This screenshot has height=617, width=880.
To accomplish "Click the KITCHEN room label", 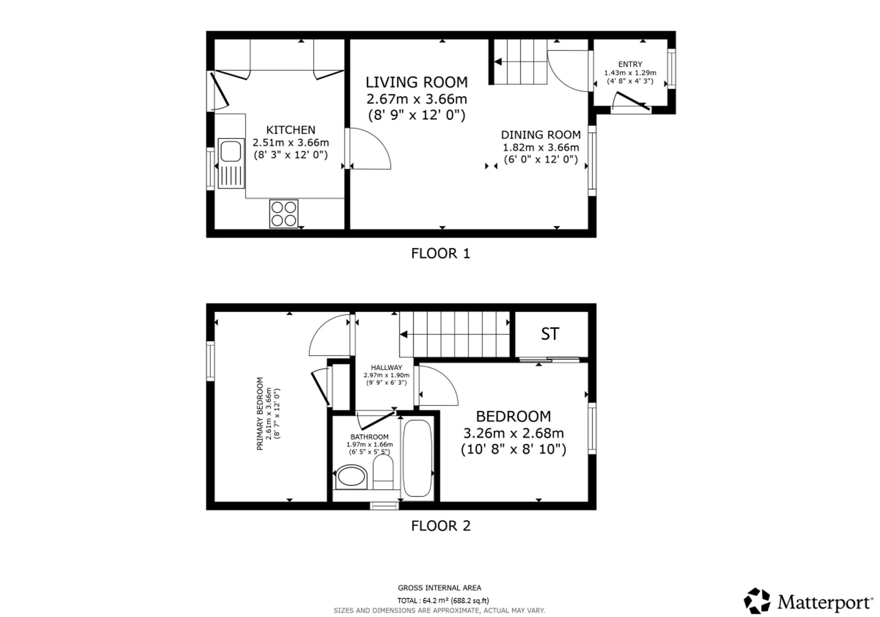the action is pos(291,130).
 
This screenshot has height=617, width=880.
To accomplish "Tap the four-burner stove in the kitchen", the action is pos(284,214).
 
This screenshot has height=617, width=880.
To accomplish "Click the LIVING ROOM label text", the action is pos(417,82).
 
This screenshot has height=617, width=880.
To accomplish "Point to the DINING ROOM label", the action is pos(541,135).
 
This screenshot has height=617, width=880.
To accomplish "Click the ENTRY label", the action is pos(630,64).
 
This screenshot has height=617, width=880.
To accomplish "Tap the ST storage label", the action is pos(550,334).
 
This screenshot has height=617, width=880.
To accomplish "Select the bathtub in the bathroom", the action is pos(417,458).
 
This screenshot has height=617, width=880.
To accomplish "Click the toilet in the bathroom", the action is pos(383,472).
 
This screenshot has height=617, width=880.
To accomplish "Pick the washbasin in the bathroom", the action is pos(351,477).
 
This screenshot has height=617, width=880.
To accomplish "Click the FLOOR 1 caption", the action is pos(440,253).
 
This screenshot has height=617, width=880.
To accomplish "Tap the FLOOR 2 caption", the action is pos(440,526).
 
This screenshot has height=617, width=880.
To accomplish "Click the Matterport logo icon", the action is pos(757,600).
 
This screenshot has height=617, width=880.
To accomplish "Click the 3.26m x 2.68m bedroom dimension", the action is pos(513,433).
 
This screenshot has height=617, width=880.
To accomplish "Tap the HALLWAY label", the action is pos(386,367).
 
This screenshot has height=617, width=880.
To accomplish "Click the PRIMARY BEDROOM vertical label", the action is pos(260,413).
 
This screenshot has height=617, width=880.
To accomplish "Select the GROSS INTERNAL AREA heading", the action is pos(440,588).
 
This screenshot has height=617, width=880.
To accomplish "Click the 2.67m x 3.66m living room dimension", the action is pos(417,99).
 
